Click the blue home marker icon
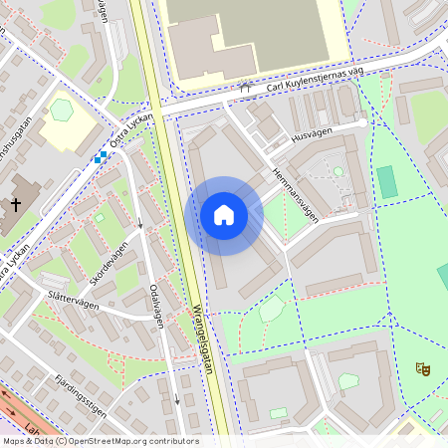click(224, 215)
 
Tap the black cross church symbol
click(15, 205)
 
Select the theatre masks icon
click(422, 368)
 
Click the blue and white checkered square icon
click(101, 157)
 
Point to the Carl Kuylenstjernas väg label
click(310, 80)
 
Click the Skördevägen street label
click(107, 263)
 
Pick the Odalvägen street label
click(155, 304)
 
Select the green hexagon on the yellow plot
click(62, 110)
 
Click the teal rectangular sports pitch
click(386, 181)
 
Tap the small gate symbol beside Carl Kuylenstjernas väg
click(245, 89)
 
